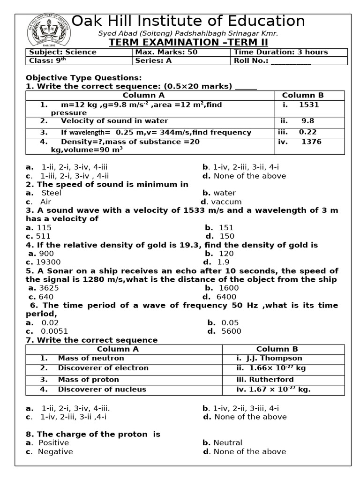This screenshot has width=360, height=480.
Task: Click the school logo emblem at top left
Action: tap(49, 30)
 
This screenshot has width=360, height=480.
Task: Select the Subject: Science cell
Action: tap(63, 52)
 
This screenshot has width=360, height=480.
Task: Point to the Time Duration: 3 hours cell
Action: tap(281, 52)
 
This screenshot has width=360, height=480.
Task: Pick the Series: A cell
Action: tap(150, 61)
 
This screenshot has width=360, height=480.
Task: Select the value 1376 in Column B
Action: tap(312, 142)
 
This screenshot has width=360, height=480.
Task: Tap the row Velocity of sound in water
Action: tap(114, 121)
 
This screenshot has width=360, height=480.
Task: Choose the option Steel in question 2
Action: tap(51, 193)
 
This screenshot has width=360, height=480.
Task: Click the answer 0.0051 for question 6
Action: tap(54, 331)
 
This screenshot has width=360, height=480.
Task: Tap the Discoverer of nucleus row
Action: tap(102, 389)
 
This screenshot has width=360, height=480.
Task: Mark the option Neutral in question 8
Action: tap(228, 442)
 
